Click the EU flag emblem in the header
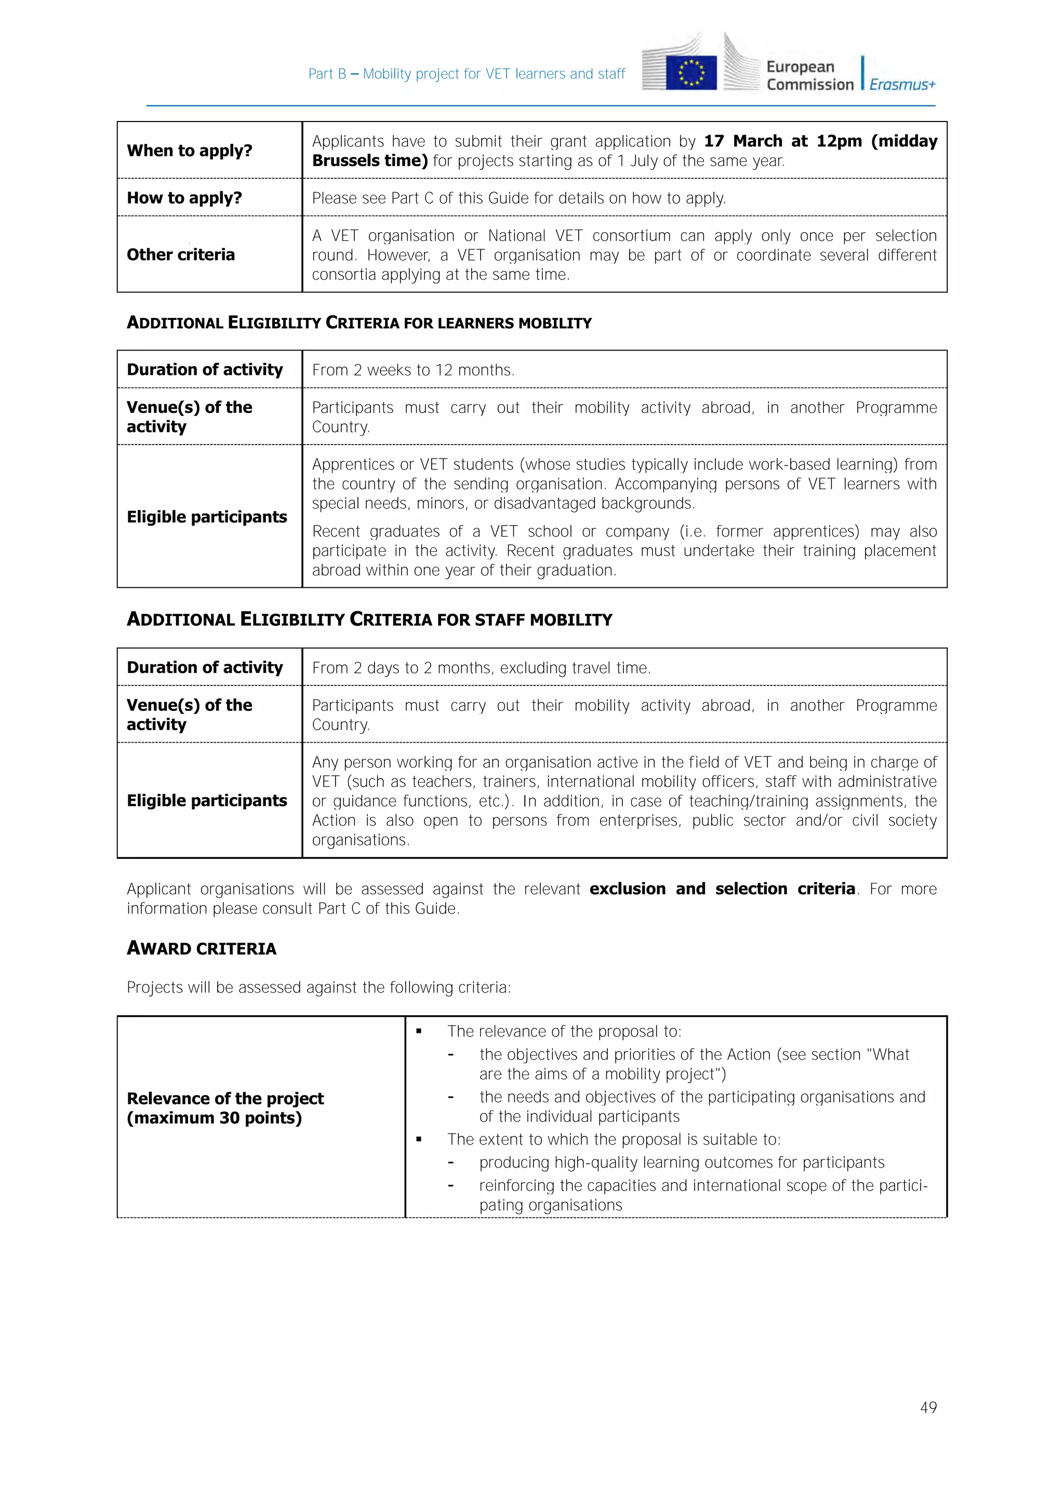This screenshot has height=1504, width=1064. pyautogui.click(x=690, y=73)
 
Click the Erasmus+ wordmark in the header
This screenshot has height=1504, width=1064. pyautogui.click(x=902, y=85)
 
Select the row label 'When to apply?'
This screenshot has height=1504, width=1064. pyautogui.click(x=189, y=151)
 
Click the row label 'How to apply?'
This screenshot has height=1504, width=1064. pyautogui.click(x=184, y=198)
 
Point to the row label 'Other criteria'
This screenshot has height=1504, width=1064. pyautogui.click(x=180, y=255)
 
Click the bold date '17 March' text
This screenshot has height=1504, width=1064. pyautogui.click(x=742, y=141)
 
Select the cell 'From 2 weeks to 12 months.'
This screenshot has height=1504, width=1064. pyautogui.click(x=413, y=370)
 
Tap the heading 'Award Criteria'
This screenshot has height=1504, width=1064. pyautogui.click(x=201, y=948)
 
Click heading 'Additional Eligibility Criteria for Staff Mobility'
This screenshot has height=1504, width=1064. pyautogui.click(x=369, y=620)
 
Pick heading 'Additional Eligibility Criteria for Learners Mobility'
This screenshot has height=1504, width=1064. pyautogui.click(x=358, y=323)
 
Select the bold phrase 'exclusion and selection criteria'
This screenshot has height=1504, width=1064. pyautogui.click(x=722, y=889)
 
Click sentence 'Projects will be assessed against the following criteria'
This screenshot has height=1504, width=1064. pyautogui.click(x=318, y=988)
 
